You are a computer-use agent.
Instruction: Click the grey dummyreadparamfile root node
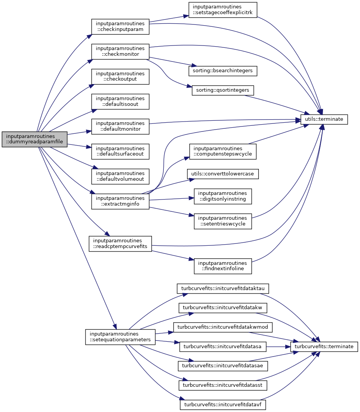[35, 139]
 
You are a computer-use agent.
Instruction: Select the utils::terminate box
[324, 119]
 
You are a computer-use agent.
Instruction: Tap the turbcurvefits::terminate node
[324, 347]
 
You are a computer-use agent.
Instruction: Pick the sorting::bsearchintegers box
[223, 71]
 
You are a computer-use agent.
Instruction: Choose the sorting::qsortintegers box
[223, 91]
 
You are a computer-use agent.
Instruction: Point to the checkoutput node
[120, 76]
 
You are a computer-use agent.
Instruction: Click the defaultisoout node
[120, 101]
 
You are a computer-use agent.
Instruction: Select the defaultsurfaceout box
[120, 151]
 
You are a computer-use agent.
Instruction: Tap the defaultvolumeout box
[120, 176]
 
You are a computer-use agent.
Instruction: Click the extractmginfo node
[120, 201]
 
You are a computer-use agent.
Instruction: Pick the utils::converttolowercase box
[223, 174]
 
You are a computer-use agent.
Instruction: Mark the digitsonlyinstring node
[223, 196]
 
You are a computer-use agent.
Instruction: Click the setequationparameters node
[120, 336]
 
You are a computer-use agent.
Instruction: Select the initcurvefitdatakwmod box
[223, 327]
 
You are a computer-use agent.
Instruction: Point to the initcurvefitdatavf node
[223, 404]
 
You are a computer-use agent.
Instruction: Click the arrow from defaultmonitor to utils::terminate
[225, 121]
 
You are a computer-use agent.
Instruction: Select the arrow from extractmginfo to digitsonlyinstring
[170, 199]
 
